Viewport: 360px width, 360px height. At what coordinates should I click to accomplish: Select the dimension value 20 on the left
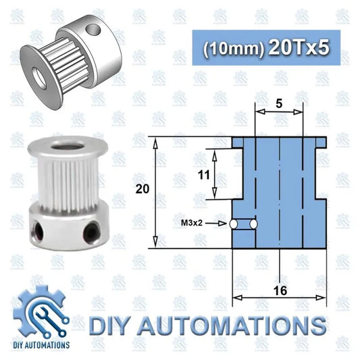142,190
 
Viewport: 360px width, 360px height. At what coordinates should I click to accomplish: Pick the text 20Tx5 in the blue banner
298,47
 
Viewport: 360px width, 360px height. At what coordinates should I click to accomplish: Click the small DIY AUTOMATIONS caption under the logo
41,345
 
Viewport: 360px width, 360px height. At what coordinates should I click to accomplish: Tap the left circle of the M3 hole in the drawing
234,224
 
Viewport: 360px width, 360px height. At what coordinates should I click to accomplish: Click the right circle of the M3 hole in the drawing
254,224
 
